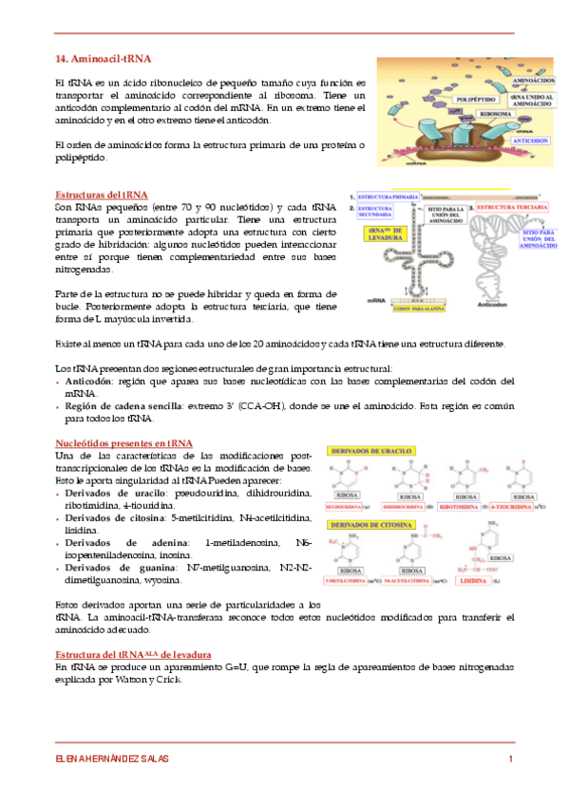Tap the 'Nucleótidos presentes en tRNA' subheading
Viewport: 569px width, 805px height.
point(123,443)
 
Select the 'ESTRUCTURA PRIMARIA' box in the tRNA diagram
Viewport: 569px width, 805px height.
point(386,196)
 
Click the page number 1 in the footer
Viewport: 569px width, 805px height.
point(511,758)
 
